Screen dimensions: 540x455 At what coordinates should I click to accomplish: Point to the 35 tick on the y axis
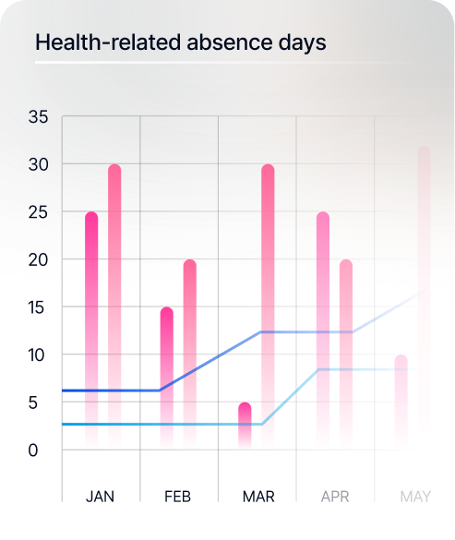point(39,117)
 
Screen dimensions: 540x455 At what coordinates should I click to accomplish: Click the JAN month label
point(101,497)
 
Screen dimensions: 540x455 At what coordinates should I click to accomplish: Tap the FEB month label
point(178,497)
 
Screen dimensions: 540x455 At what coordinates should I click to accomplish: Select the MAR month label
point(257,497)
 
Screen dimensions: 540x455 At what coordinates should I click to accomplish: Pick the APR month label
point(335,497)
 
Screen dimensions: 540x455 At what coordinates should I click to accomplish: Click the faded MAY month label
point(415,497)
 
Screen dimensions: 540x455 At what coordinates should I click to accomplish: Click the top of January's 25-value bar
point(91,216)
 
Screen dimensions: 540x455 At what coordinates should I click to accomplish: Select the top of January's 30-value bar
point(114,169)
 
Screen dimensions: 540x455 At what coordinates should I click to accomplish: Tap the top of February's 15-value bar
point(167,311)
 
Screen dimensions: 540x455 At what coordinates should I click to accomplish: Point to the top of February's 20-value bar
point(190,264)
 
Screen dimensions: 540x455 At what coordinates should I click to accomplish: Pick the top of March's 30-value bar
point(268,169)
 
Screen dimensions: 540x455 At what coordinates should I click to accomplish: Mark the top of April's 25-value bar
point(323,216)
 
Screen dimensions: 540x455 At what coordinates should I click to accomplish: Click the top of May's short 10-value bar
point(401,359)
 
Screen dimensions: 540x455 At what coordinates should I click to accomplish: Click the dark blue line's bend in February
point(161,390)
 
